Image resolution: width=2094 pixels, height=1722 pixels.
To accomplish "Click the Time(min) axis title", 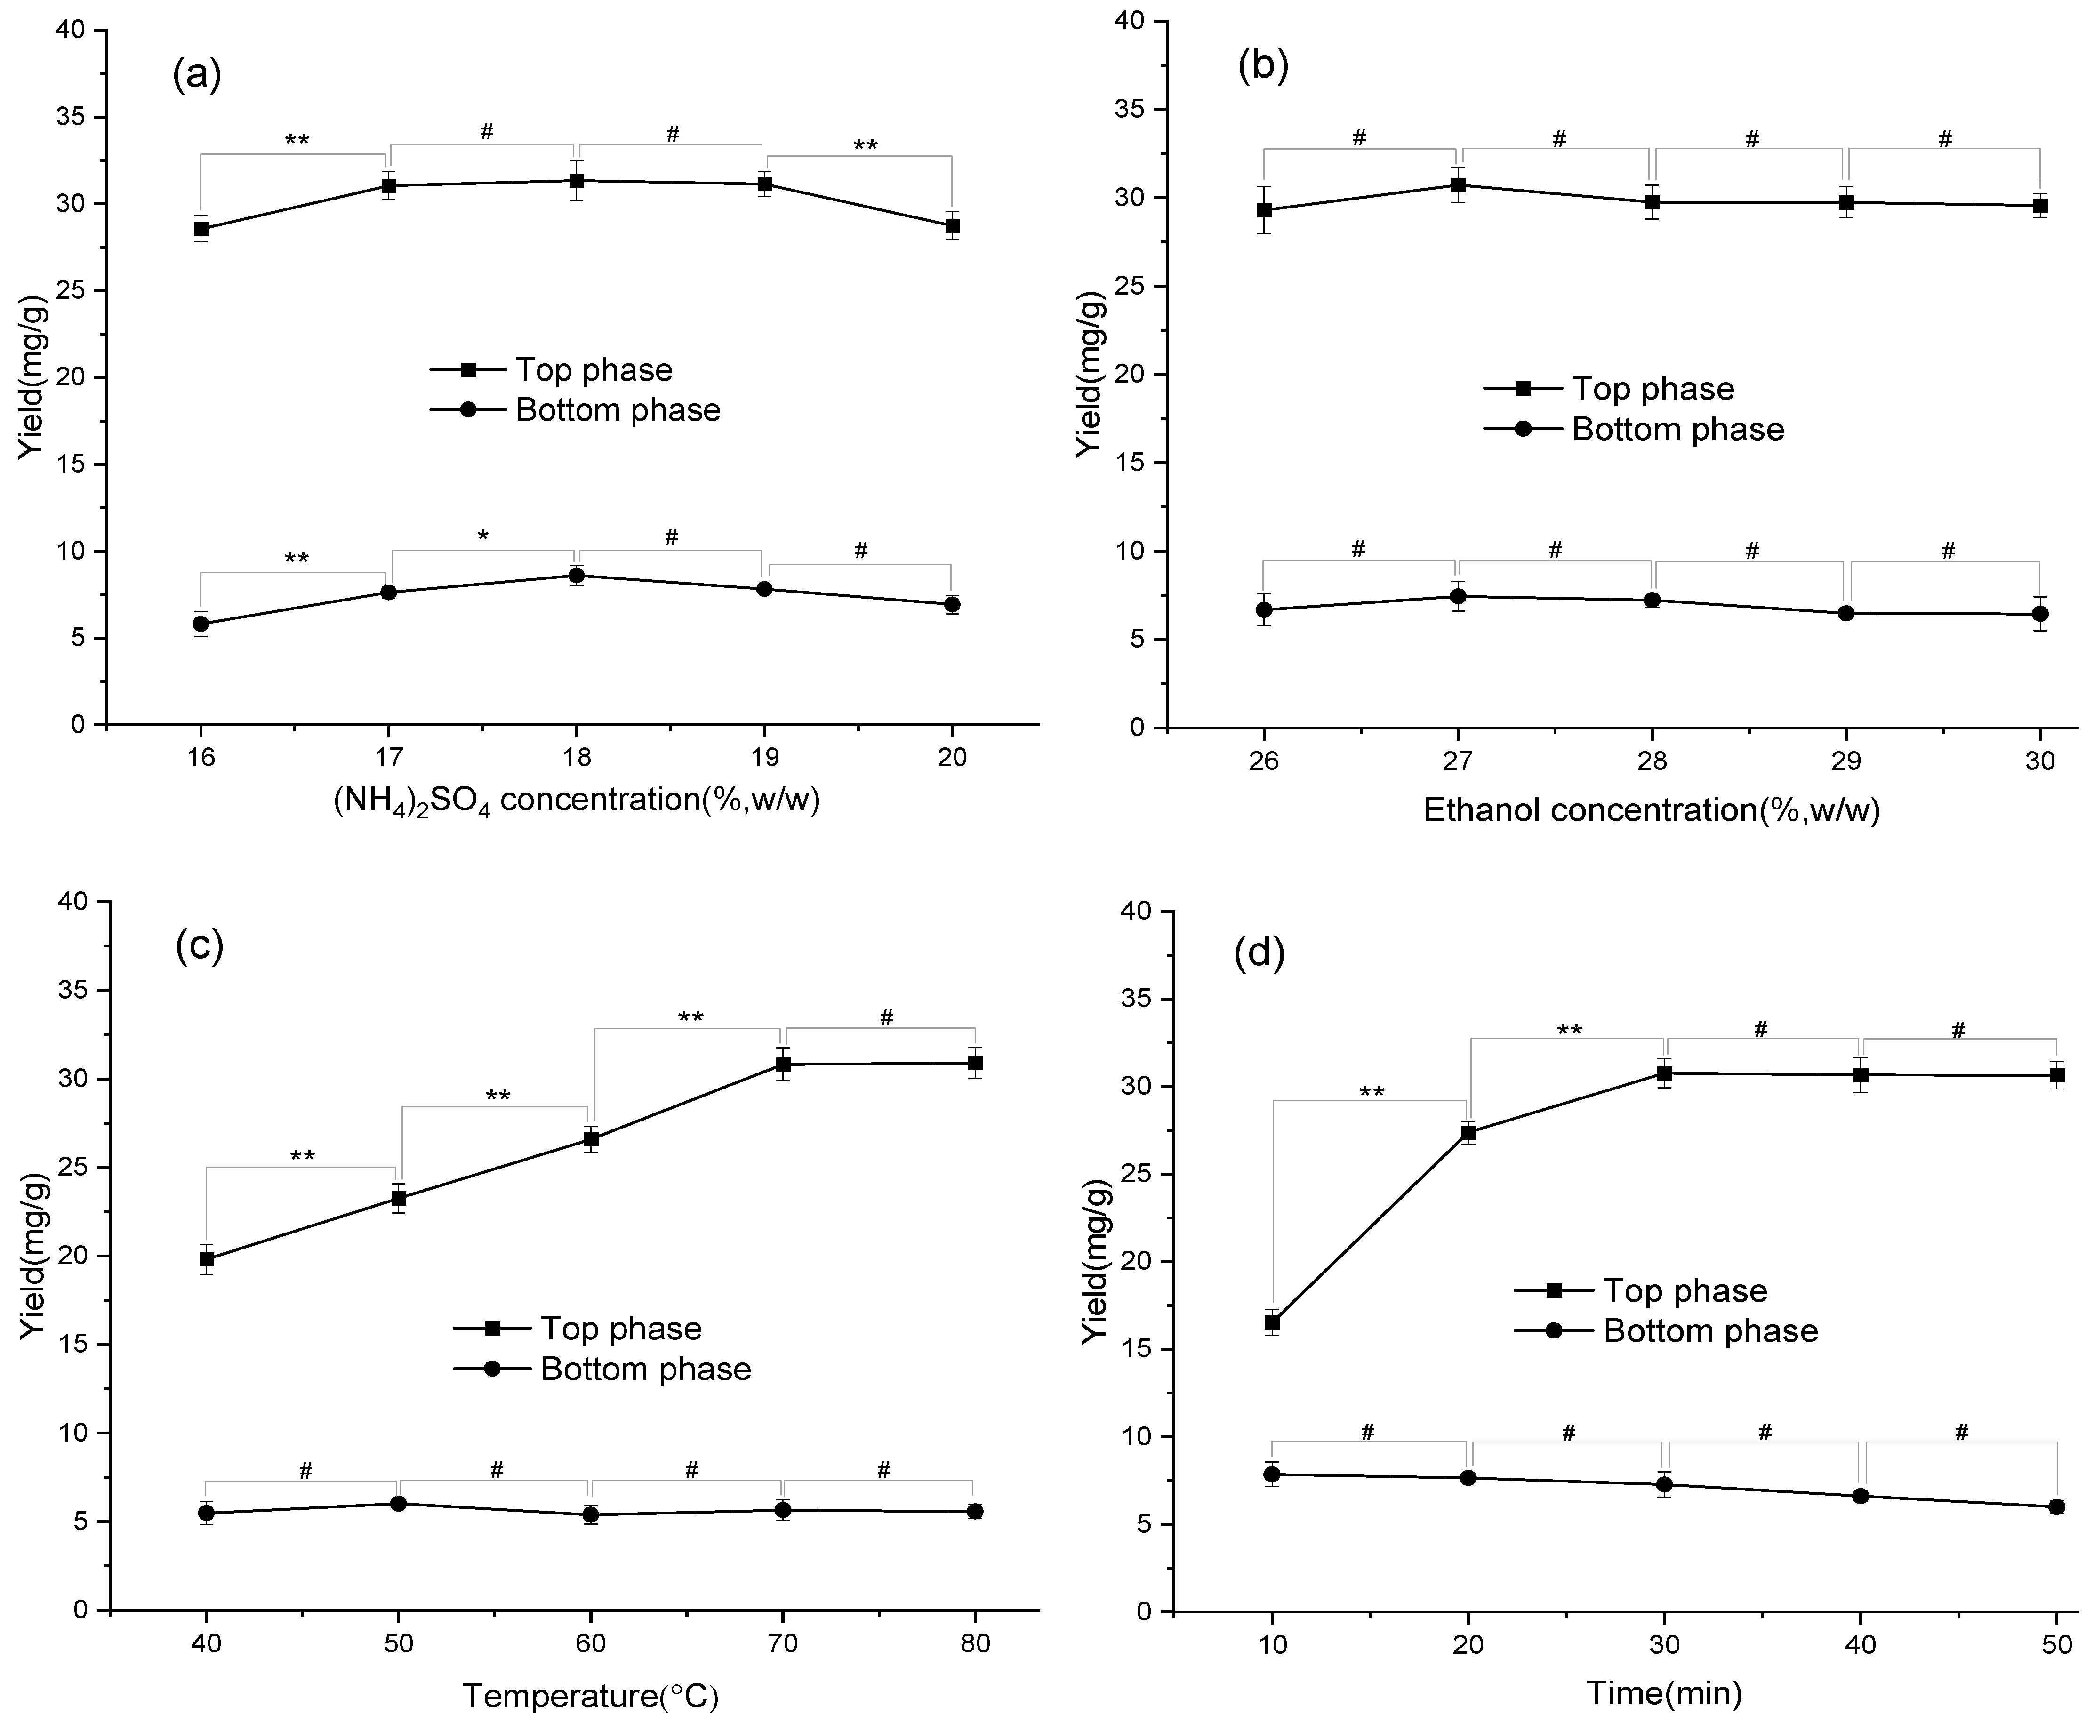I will [x=1663, y=1692].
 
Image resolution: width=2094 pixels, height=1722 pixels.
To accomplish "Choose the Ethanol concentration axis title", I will [x=1652, y=810].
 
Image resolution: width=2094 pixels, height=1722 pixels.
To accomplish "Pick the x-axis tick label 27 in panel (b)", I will [x=1457, y=762].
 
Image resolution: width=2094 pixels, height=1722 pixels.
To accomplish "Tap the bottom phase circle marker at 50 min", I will [x=2056, y=1507].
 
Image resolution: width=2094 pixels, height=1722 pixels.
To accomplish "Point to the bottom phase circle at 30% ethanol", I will [x=2039, y=614].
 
